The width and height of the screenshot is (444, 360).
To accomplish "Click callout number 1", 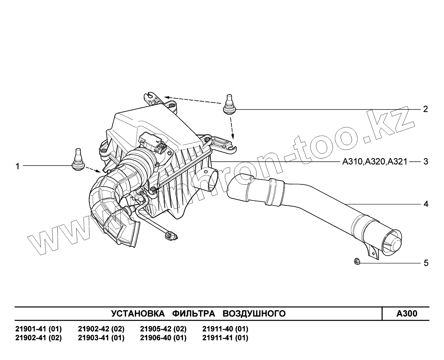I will pos(18,166).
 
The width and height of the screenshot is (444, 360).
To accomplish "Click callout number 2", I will pos(426,109).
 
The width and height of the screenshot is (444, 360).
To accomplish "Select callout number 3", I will pos(426,161).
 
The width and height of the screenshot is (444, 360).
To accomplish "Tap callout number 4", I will pos(426,204).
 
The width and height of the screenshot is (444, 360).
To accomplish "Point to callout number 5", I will pos(426,263).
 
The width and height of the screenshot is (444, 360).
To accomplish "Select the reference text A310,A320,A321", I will pos(375,161).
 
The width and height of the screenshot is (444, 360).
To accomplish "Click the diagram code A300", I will pos(407,314).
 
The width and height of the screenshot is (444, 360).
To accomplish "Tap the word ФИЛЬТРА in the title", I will pos(194,314).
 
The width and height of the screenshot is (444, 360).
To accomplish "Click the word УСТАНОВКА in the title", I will pos(137,314).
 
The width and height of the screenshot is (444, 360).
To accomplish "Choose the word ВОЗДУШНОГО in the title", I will pos(254,314).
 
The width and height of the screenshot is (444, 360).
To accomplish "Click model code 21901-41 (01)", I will pos(38,329).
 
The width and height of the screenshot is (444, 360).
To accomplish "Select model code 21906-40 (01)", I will pos(163,338).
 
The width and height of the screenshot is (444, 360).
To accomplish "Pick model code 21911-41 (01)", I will pos(225,338).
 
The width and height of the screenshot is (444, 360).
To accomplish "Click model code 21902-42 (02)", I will pos(101,329).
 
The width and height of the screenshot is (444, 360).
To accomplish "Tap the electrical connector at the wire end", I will pos(170,236).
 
